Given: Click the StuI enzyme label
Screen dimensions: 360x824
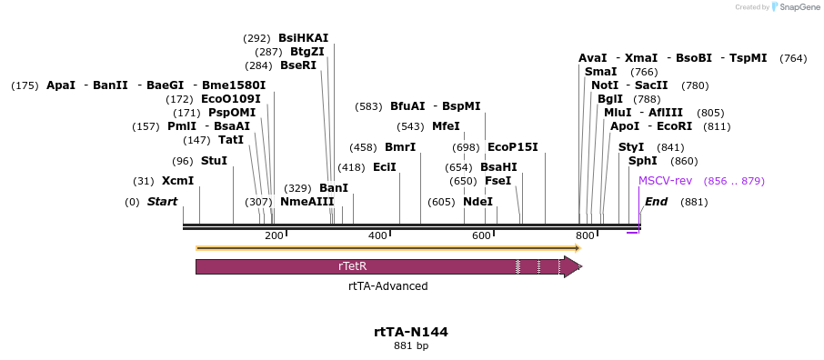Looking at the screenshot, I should click(x=214, y=161).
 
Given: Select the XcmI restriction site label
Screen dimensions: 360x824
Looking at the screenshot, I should click(x=177, y=181).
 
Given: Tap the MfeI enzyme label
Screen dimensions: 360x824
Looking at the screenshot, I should click(x=446, y=126).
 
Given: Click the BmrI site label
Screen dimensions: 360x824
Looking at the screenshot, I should click(x=400, y=146).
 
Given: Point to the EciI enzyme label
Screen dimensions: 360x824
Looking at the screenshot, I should click(x=385, y=167).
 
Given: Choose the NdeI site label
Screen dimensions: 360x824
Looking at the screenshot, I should click(x=477, y=201).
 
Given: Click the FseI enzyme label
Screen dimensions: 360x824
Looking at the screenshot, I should click(x=497, y=181).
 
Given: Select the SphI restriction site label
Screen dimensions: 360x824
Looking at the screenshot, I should click(x=643, y=161).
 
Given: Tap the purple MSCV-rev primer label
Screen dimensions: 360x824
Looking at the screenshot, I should click(x=665, y=181).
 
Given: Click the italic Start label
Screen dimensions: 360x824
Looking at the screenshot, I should click(x=162, y=201).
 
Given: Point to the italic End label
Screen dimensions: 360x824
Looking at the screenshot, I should click(x=656, y=201).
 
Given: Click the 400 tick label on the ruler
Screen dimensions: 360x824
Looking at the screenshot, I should click(x=377, y=236).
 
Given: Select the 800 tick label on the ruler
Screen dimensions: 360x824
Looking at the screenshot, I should click(x=585, y=236).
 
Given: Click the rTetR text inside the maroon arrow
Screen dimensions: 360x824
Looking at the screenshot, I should click(x=352, y=266).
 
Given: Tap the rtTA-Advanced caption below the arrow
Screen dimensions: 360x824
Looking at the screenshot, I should click(x=387, y=285).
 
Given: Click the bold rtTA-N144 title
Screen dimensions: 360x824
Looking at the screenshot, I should click(x=411, y=332).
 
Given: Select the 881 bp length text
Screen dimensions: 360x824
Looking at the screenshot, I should click(x=411, y=346).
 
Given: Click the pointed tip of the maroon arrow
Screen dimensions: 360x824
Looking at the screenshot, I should click(x=580, y=266).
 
